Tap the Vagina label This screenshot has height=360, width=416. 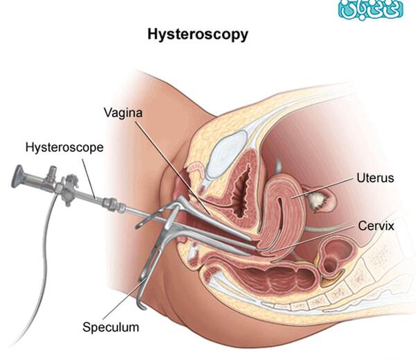[123, 113]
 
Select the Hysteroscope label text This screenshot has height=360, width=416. [64, 148]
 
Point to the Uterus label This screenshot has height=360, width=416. [375, 178]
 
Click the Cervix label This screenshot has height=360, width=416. [376, 226]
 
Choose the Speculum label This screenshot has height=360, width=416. [111, 327]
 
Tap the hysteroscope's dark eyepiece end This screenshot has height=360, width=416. [17, 176]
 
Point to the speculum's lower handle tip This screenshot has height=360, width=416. [143, 306]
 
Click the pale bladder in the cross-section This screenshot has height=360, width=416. [227, 154]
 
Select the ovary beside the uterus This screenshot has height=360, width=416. [317, 200]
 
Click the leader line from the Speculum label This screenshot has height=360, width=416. [123, 299]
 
